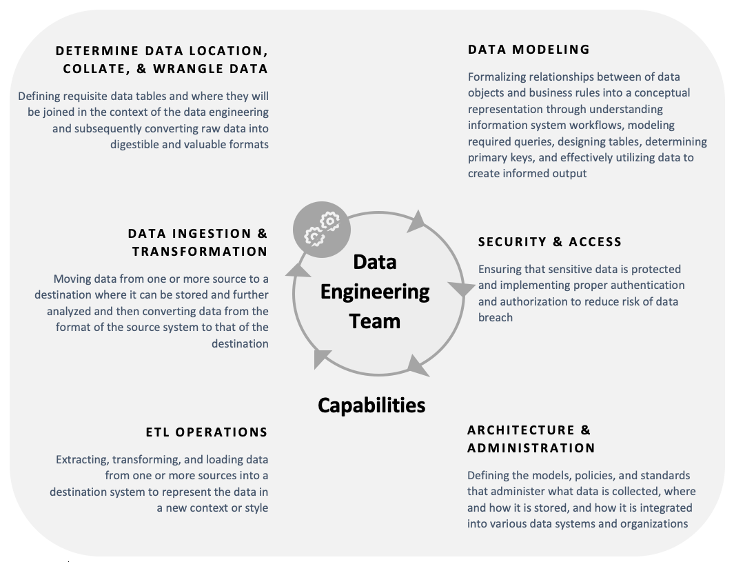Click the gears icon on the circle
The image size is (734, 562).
pyautogui.click(x=322, y=230)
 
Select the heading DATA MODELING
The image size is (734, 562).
pyautogui.click(x=529, y=50)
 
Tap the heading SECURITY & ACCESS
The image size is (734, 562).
pyautogui.click(x=550, y=242)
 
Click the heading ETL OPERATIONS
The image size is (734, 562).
pyautogui.click(x=207, y=432)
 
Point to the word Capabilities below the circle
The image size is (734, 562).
pyautogui.click(x=371, y=405)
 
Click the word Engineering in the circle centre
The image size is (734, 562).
pyautogui.click(x=375, y=292)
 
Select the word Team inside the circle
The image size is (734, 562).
pyautogui.click(x=375, y=321)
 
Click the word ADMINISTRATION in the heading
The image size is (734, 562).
pyautogui.click(x=531, y=448)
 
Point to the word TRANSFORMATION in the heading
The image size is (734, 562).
pyautogui.click(x=200, y=252)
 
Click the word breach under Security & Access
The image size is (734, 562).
pyautogui.click(x=496, y=318)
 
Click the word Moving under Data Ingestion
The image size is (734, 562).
pyautogui.click(x=72, y=279)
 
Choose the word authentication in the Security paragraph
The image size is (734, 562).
pyautogui.click(x=646, y=285)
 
